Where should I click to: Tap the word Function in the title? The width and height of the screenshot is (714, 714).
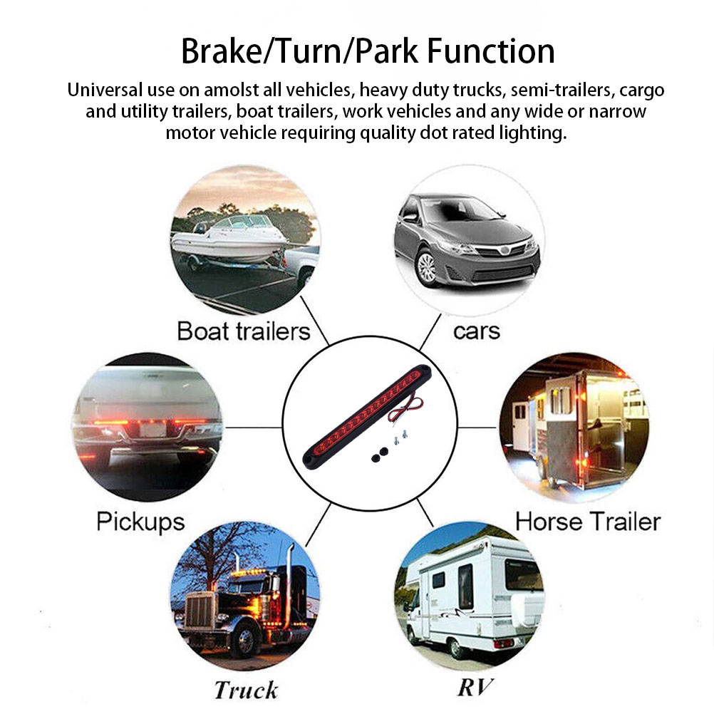[491, 51]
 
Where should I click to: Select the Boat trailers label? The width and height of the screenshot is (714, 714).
[244, 331]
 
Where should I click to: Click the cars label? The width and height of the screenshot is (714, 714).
[477, 332]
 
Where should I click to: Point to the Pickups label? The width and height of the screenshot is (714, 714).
[140, 522]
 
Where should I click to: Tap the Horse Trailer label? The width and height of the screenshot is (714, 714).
[588, 522]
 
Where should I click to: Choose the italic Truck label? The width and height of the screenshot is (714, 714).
[246, 690]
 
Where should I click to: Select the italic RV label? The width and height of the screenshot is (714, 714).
[475, 687]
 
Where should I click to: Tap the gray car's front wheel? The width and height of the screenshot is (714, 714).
[427, 268]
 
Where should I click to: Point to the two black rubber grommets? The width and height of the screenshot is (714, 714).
[379, 455]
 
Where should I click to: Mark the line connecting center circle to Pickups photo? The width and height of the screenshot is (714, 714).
[254, 427]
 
